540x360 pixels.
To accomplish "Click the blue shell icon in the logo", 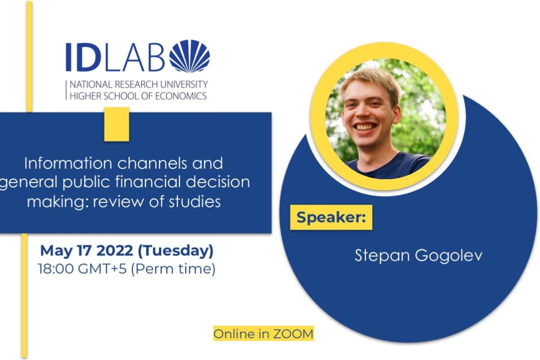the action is (x=189, y=56).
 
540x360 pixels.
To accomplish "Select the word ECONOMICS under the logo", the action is (x=180, y=96).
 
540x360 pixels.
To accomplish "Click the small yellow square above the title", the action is (x=117, y=124).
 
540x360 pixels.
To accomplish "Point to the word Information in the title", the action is (x=68, y=163).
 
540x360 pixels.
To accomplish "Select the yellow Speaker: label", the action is (x=331, y=217).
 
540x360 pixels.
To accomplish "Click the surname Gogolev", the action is (x=448, y=256).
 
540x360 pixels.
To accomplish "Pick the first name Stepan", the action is (x=382, y=256).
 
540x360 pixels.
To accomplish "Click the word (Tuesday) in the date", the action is (x=176, y=250).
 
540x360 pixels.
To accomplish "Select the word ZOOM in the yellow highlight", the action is (x=293, y=334).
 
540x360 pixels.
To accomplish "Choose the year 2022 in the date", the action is (x=115, y=250).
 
